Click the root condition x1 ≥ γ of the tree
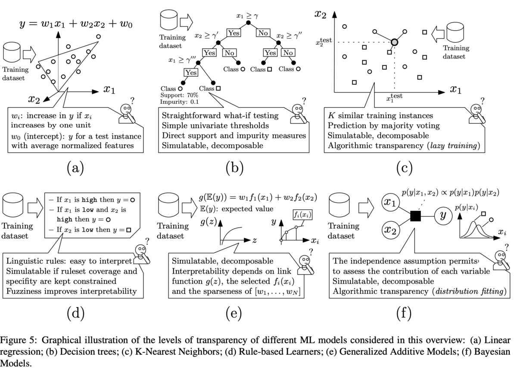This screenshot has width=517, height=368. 248,16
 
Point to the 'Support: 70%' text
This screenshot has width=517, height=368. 179,95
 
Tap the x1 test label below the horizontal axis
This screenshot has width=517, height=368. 394,98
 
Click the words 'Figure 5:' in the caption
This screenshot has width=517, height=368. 19,337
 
